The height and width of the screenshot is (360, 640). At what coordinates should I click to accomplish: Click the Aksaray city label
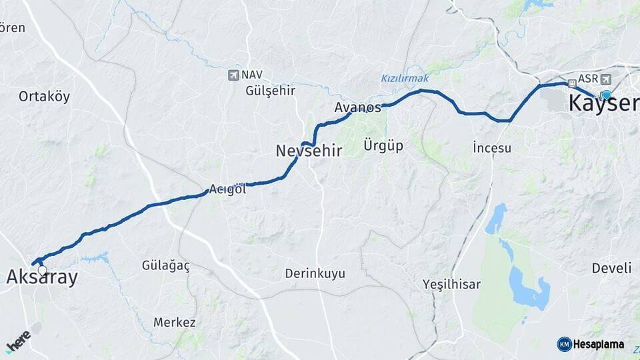(42, 278)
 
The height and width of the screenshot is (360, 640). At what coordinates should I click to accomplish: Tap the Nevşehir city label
(309, 151)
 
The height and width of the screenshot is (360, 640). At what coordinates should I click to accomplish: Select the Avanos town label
(357, 107)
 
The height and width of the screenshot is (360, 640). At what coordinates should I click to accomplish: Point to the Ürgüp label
(383, 145)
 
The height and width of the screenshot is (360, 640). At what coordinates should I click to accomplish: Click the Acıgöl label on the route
(228, 189)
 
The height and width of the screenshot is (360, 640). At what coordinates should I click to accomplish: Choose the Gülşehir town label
(270, 91)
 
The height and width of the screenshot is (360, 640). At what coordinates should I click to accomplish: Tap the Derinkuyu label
(315, 273)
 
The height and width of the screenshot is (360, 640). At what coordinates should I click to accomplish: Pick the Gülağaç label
(166, 266)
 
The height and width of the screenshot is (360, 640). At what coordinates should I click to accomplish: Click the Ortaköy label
(44, 97)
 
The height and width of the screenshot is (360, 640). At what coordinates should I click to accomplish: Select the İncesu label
(492, 147)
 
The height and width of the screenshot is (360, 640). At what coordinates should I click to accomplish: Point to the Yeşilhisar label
(451, 285)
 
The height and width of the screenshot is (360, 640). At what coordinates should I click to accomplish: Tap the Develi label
(611, 268)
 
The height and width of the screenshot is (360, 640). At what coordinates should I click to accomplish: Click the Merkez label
(175, 323)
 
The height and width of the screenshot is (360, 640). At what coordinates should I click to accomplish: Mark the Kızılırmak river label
(405, 78)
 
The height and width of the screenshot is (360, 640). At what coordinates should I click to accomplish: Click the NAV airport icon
(233, 75)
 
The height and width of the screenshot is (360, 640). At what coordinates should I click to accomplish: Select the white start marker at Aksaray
(43, 271)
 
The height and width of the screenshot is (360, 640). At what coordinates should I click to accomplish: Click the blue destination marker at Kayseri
(607, 95)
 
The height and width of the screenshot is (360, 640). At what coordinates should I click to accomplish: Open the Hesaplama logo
(591, 344)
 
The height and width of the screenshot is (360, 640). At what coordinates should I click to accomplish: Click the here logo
(18, 341)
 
